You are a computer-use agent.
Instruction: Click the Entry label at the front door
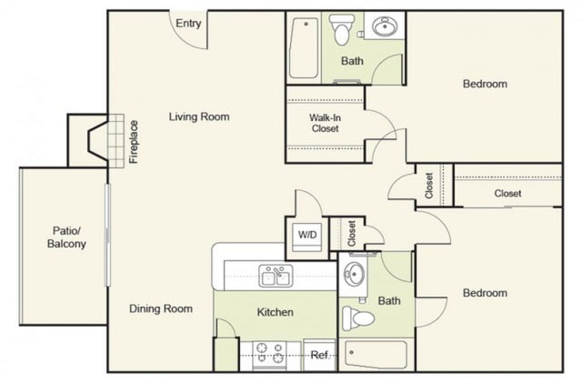click(x=188, y=24)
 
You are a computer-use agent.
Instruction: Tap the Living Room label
click(x=198, y=116)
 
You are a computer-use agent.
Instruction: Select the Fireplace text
click(x=134, y=141)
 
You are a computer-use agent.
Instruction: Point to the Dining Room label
click(x=160, y=308)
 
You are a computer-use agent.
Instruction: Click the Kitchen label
click(x=275, y=312)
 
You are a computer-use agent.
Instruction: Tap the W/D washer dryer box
click(x=306, y=236)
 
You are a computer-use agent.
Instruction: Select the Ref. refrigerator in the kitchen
click(x=319, y=355)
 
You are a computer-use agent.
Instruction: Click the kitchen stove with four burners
click(x=268, y=354)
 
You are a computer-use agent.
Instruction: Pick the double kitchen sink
click(x=275, y=275)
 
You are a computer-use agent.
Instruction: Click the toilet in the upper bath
click(x=343, y=31)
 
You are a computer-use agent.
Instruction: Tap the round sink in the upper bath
click(x=384, y=28)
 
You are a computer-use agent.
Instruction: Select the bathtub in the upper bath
click(x=304, y=46)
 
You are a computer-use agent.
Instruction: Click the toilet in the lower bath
click(x=359, y=318)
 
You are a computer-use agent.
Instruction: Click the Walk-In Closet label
click(x=324, y=123)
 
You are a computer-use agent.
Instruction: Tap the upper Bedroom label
click(x=485, y=84)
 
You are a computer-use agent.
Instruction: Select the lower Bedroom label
click(x=485, y=293)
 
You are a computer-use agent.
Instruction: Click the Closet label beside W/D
click(x=350, y=234)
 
